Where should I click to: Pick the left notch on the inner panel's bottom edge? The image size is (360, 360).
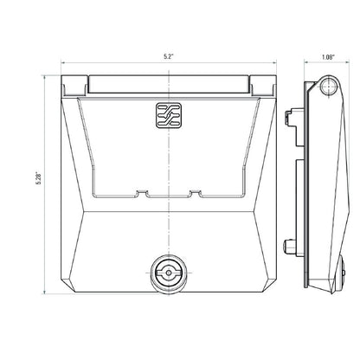[138, 195]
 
